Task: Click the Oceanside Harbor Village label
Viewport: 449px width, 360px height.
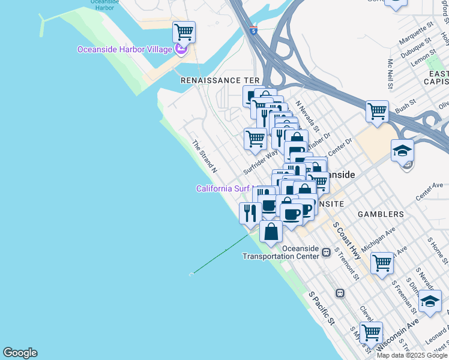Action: [125, 49]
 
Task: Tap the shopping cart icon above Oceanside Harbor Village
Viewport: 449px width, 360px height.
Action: [184, 31]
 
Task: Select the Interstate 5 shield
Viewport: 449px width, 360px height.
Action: [255, 30]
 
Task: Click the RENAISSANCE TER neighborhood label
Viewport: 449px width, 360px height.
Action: [220, 80]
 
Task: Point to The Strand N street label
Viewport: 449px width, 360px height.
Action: [204, 157]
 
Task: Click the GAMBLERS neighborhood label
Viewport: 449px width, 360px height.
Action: [381, 214]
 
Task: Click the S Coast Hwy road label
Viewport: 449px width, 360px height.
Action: [347, 241]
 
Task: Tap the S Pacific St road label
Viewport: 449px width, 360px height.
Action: [322, 309]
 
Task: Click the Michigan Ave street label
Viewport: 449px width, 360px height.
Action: [378, 239]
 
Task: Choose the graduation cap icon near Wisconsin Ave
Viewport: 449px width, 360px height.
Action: [430, 301]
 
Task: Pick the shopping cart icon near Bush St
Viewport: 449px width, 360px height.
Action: [377, 111]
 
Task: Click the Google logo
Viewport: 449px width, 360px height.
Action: [20, 353]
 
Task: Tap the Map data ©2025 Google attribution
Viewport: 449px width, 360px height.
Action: [411, 355]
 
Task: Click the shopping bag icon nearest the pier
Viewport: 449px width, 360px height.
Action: [271, 231]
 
